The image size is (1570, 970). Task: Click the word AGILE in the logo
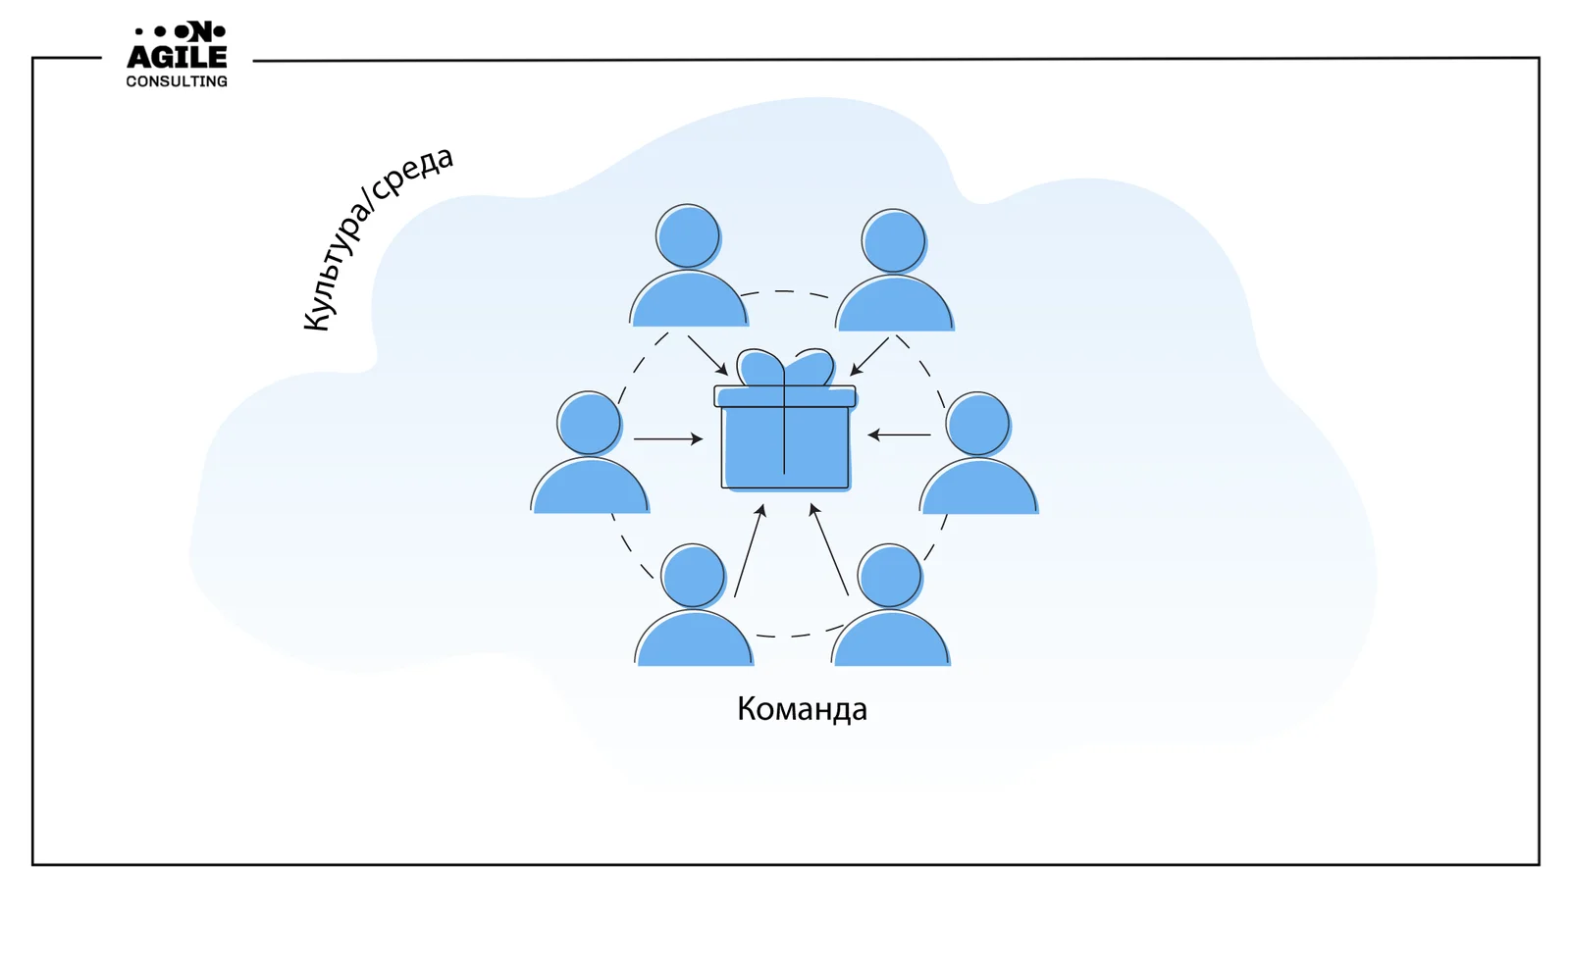(x=177, y=57)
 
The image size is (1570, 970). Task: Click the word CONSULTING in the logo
(x=177, y=81)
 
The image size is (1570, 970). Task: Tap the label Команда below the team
(x=802, y=709)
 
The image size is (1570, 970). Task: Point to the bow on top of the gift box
(x=785, y=369)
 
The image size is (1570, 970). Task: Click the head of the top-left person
(x=688, y=236)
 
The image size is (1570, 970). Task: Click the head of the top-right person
(x=893, y=240)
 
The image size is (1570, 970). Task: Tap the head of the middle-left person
(x=589, y=423)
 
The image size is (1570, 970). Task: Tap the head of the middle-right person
(x=977, y=424)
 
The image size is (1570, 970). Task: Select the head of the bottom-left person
(x=693, y=576)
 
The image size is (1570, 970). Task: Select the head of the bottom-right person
(x=889, y=576)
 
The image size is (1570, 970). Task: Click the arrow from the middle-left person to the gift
(x=668, y=438)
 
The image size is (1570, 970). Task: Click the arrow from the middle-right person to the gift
(x=899, y=434)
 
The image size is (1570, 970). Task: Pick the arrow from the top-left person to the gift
(x=707, y=356)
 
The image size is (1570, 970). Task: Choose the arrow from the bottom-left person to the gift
(x=750, y=550)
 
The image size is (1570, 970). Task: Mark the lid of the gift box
(x=785, y=396)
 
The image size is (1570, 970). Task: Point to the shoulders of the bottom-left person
(x=694, y=641)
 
